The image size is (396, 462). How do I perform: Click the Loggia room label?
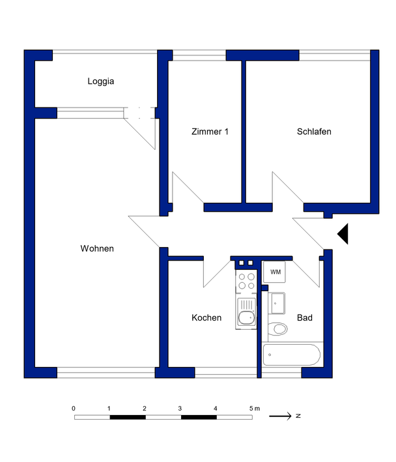tap(101, 81)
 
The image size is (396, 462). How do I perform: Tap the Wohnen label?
tap(97, 248)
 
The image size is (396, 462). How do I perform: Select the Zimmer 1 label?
tap(210, 132)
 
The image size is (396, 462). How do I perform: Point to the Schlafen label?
tap(314, 132)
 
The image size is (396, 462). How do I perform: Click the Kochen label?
tap(206, 317)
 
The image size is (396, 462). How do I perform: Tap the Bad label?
tap(305, 317)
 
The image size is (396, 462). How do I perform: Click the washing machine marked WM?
tap(274, 272)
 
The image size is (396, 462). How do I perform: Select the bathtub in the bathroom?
tap(292, 354)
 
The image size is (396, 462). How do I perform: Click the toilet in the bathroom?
tap(277, 328)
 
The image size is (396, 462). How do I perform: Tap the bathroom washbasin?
tap(277, 303)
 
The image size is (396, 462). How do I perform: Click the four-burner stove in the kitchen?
tap(246, 282)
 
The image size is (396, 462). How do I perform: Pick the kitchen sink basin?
tap(246, 317)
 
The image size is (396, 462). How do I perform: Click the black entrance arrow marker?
tap(344, 234)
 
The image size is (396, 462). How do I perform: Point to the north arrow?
tap(280, 416)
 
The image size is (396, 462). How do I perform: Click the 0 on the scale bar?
tap(74, 409)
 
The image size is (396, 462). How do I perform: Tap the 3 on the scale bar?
tap(180, 409)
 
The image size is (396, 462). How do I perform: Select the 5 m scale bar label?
tap(255, 409)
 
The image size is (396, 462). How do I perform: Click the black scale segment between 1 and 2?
tap(128, 417)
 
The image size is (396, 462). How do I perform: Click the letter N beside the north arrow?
tap(298, 416)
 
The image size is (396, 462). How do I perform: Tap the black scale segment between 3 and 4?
tap(199, 417)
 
